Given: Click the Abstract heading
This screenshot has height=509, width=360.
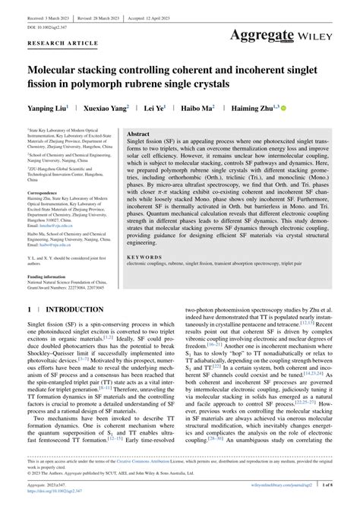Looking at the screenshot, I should [139, 133].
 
